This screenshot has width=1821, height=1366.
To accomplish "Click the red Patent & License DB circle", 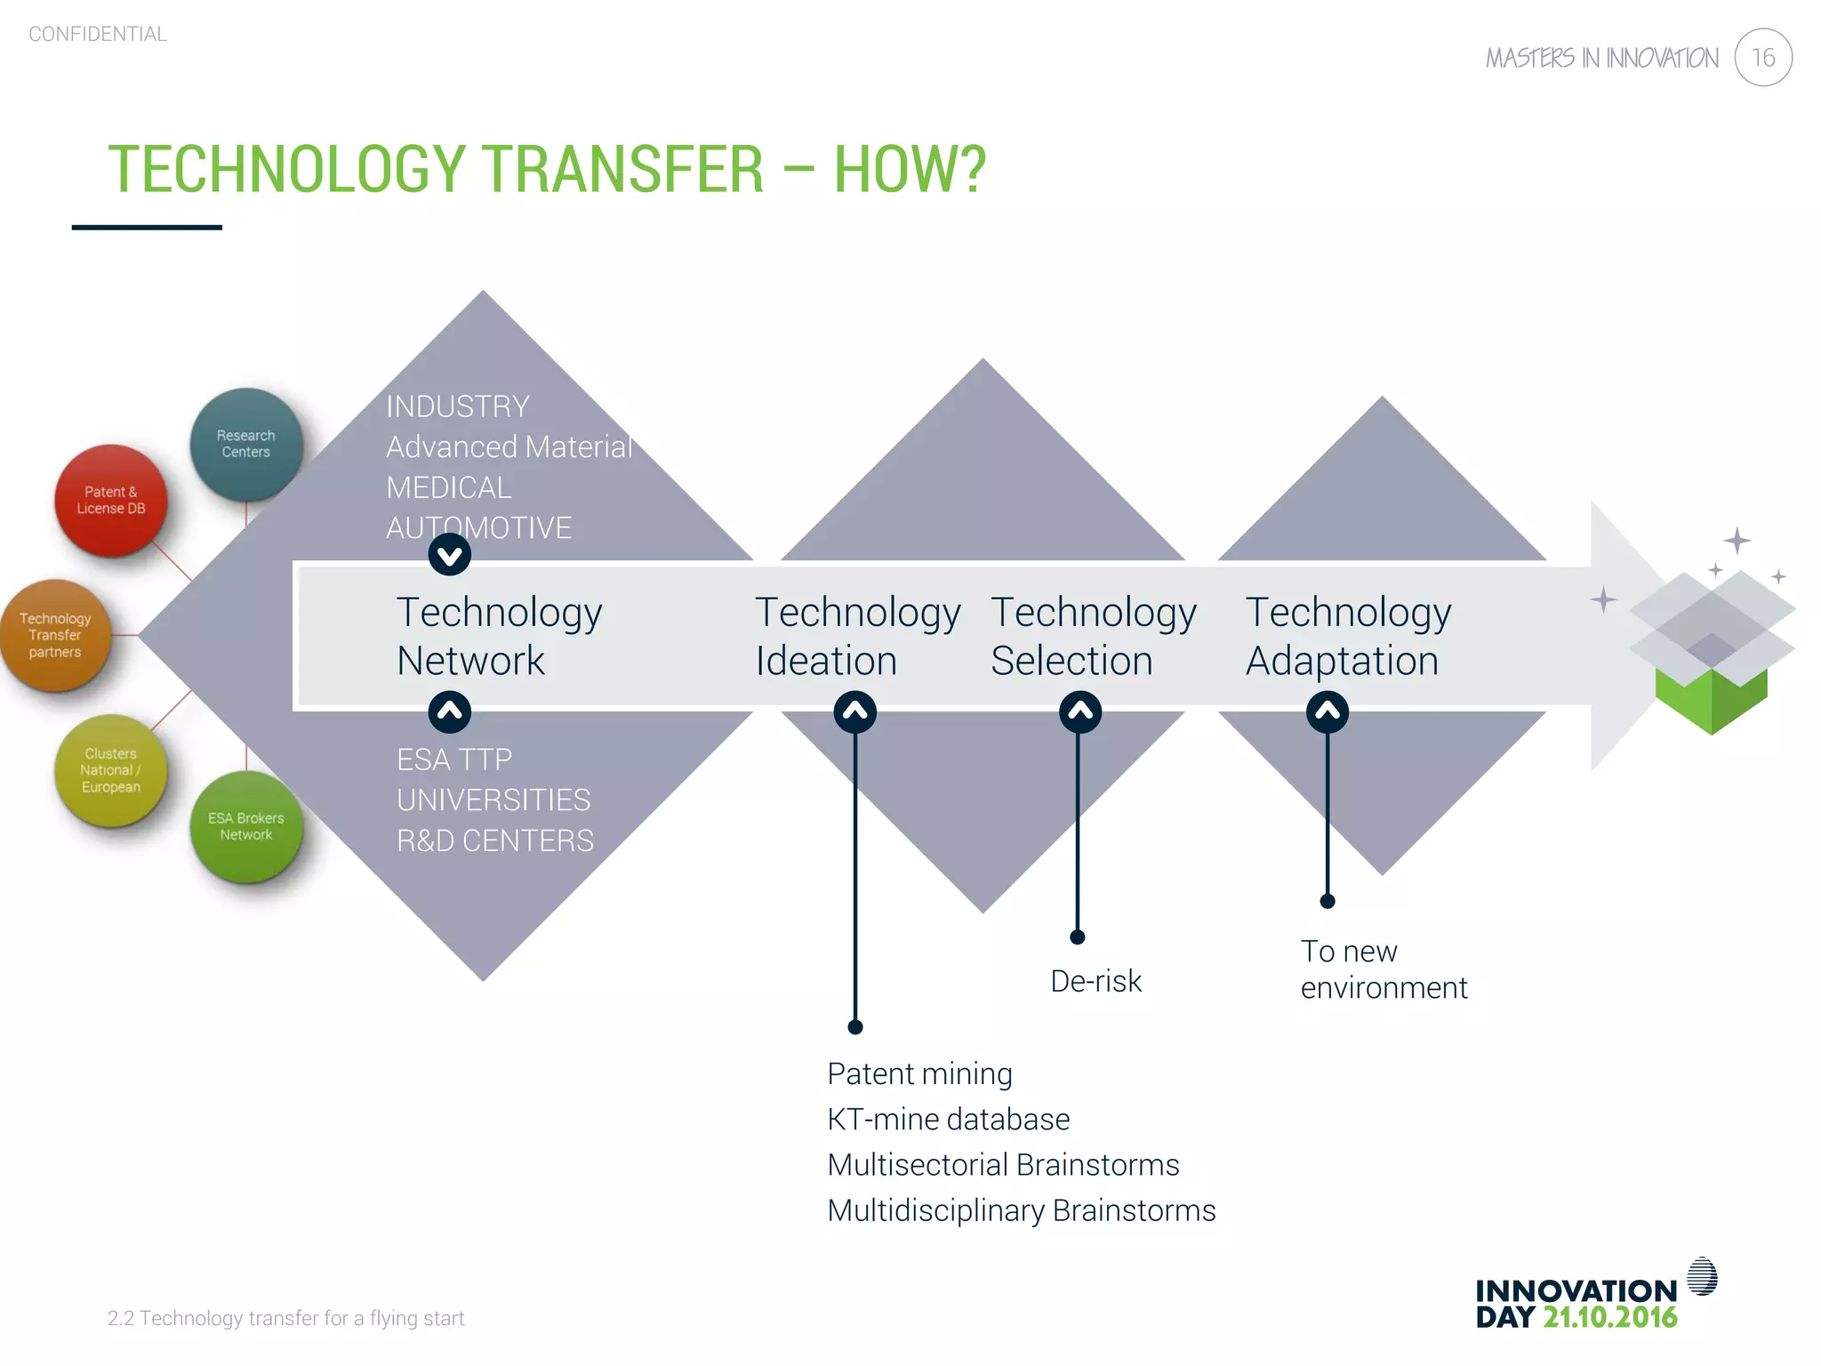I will coord(110,500).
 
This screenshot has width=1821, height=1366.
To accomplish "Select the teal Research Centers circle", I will coord(246,444).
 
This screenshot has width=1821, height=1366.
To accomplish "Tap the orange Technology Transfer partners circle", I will coord(55,635).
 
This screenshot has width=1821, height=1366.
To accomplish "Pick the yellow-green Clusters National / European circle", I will coord(110,770).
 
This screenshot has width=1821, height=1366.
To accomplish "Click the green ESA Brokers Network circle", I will coord(246,826).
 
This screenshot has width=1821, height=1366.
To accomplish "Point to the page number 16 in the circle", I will coord(1762,58).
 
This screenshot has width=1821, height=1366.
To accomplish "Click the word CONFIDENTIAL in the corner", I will coord(98,34).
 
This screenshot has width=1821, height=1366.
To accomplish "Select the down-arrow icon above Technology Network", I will coord(450,556).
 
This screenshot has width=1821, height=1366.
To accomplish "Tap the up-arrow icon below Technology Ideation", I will coord(855,711).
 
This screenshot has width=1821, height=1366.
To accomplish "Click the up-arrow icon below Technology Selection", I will coord(1080,711).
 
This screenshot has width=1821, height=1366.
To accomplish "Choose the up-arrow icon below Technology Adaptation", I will coord(1328,711).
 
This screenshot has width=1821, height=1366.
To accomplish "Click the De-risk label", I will coord(1095,981).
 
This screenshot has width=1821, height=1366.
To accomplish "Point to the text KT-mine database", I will coord(948,1119).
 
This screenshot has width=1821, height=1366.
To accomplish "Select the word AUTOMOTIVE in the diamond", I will coord(478,527).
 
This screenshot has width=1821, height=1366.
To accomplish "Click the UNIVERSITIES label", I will coord(493,800).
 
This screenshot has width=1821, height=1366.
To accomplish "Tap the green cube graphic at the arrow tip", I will coord(1711,694).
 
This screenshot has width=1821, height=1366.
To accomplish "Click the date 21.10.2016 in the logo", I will coord(1609,1317).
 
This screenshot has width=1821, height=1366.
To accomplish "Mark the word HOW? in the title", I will coord(910,169).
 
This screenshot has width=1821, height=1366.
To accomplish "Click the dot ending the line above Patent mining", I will coord(855,1027).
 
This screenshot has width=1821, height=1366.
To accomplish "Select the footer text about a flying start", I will coord(285,1318).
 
